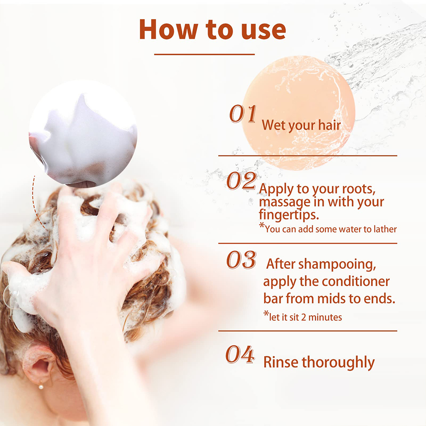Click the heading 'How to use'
[x=212, y=29]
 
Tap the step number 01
[x=243, y=114]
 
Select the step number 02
[x=242, y=181]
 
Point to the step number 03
[x=241, y=260]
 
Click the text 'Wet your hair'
[x=301, y=125]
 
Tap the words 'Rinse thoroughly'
[x=319, y=362]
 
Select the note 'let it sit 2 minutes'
[x=302, y=317]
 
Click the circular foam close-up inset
[x=83, y=134]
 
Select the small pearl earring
[x=41, y=386]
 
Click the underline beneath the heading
[x=204, y=54]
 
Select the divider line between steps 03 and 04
[x=308, y=331]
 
